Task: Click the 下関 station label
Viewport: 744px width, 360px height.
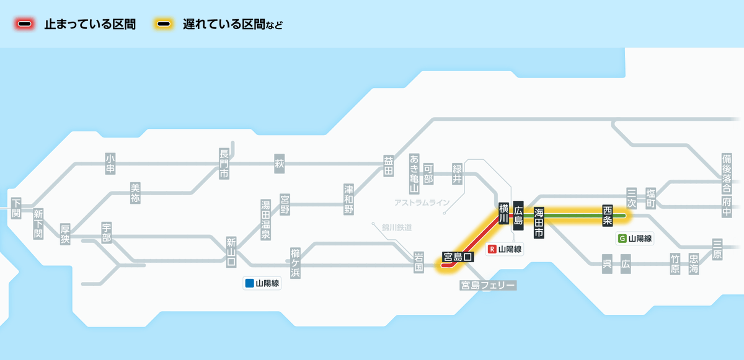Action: click(16, 208)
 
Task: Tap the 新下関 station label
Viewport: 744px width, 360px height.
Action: click(38, 224)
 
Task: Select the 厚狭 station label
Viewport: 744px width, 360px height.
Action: click(65, 234)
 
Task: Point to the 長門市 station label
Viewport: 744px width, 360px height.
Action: click(224, 164)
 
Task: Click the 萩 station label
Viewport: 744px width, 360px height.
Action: click(279, 164)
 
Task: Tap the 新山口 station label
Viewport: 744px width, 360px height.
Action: click(231, 252)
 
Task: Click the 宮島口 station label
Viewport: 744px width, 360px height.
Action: click(458, 257)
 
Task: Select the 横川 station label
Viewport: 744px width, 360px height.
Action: click(503, 212)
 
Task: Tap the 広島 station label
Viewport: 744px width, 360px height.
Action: click(519, 212)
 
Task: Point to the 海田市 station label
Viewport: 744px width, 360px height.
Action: click(539, 222)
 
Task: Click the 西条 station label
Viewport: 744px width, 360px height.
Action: click(608, 215)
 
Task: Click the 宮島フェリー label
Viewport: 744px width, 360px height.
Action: click(487, 285)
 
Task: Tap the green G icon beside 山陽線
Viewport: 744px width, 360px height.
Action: click(622, 238)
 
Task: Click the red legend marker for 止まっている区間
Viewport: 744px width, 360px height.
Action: click(25, 25)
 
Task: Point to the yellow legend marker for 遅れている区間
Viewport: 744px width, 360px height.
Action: click(164, 25)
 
